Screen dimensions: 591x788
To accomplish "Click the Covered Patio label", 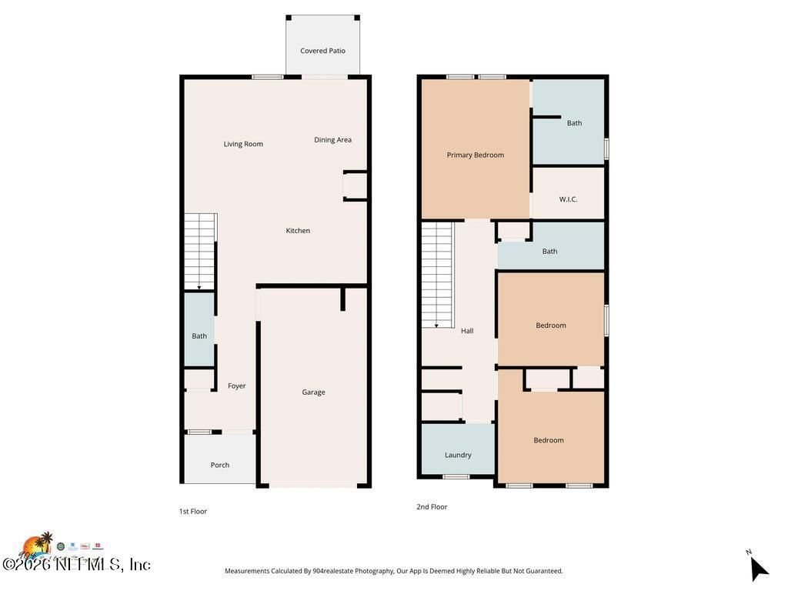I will pyautogui.click(x=322, y=51).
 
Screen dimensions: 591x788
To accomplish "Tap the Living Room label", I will pyautogui.click(x=243, y=144).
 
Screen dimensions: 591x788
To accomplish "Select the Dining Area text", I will pyautogui.click(x=332, y=140).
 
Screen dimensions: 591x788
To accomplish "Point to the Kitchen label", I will pyautogui.click(x=298, y=231).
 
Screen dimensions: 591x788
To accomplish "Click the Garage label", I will pyautogui.click(x=313, y=392).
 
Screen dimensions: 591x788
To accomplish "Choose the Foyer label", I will pyautogui.click(x=236, y=386).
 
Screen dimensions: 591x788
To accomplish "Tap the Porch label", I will pyautogui.click(x=220, y=465).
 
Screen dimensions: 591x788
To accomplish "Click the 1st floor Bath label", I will pyautogui.click(x=199, y=336).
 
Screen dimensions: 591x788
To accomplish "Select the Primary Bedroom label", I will pyautogui.click(x=475, y=155).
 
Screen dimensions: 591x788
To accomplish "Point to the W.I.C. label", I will pyautogui.click(x=568, y=199).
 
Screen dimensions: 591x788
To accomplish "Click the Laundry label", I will pyautogui.click(x=458, y=456).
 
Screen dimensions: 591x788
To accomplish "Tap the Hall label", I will pyautogui.click(x=467, y=331).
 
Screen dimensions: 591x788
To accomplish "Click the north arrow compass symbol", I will pyautogui.click(x=758, y=568).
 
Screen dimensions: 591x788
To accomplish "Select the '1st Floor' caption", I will pyautogui.click(x=193, y=511).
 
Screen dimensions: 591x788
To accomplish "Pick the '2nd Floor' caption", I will pyautogui.click(x=432, y=507).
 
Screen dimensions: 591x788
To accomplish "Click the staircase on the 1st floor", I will pyautogui.click(x=200, y=251).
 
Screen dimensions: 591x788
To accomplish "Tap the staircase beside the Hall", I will pyautogui.click(x=437, y=273).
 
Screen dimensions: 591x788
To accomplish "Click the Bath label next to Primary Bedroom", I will pyautogui.click(x=574, y=123).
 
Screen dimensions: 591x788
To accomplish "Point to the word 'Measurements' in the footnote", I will pyautogui.click(x=247, y=571).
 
